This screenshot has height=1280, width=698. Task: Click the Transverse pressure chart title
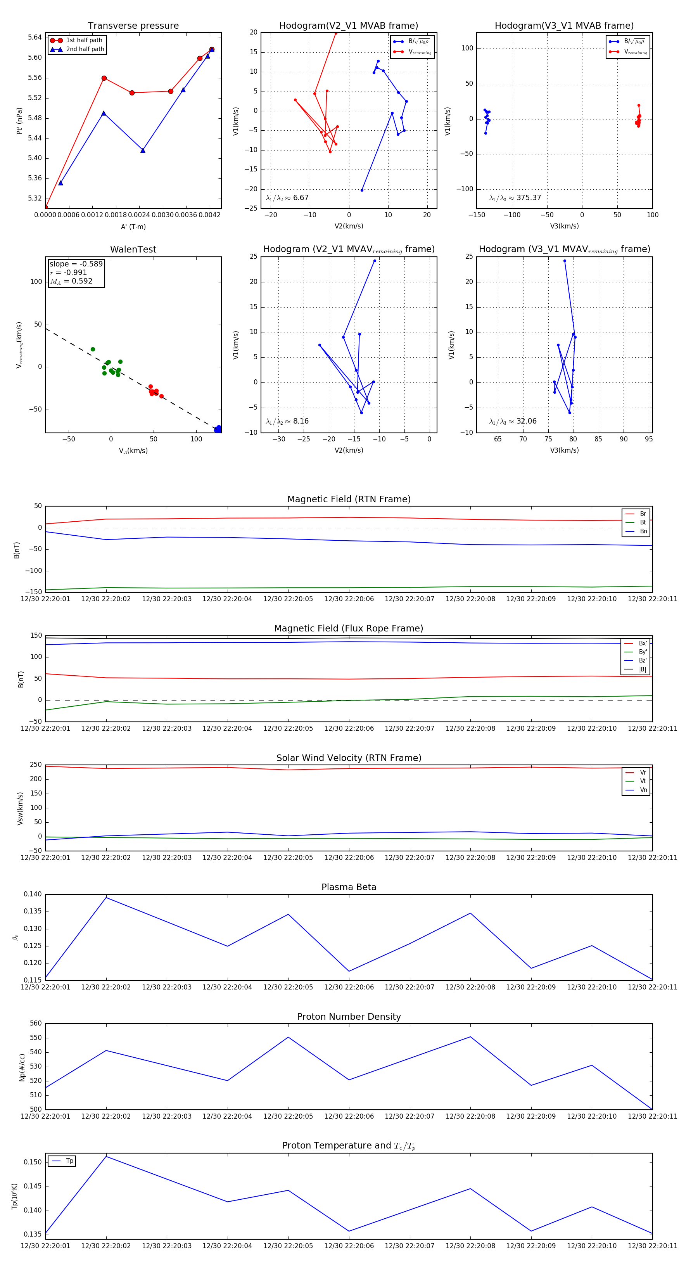(133, 26)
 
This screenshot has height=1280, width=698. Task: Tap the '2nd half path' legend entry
(85, 49)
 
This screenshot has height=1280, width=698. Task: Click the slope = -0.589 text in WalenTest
(76, 264)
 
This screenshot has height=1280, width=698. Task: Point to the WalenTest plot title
(133, 249)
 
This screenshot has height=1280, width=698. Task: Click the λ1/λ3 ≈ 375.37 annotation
(515, 198)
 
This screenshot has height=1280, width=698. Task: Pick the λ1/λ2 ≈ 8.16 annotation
(287, 421)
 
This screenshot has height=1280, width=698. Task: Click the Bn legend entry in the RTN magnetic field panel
(643, 531)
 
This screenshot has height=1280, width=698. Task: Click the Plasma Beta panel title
(349, 887)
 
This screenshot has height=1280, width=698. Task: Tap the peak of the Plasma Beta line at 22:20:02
(106, 898)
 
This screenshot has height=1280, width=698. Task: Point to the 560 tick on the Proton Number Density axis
(36, 1024)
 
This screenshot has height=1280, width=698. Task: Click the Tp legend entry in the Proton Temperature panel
(69, 1161)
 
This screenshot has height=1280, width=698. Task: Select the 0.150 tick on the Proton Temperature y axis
(33, 1162)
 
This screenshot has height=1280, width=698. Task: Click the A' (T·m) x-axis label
(133, 227)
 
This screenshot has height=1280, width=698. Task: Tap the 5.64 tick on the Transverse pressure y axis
(35, 37)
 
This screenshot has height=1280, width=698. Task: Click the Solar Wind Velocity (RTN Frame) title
(349, 758)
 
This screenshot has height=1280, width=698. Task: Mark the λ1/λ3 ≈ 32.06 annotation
(513, 421)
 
